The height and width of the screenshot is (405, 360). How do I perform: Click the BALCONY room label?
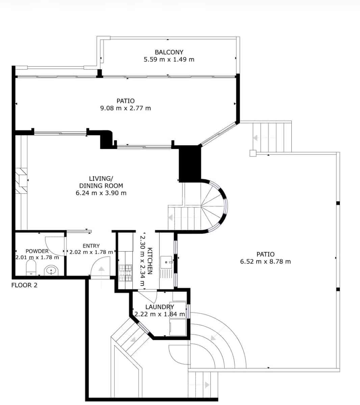pos(169,52)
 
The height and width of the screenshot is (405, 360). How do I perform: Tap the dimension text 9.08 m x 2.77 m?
pos(126,108)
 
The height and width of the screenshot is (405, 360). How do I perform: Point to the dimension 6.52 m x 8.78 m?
pos(265,262)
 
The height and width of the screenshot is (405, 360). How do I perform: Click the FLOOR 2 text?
pos(24,285)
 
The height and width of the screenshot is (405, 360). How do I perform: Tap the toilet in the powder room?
pos(31,268)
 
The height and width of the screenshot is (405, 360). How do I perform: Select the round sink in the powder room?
pos(51,270)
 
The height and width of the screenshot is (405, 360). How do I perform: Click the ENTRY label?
pos(91,246)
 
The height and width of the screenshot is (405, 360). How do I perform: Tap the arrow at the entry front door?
pos(101,269)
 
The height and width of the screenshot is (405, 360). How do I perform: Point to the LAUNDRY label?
pos(159,307)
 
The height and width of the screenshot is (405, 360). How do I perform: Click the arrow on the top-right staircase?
pos(256,138)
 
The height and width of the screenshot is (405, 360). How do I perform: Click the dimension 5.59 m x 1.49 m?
pos(169,59)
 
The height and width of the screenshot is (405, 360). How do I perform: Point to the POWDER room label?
pos(37,251)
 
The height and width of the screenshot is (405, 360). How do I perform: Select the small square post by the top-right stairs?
pos(253,153)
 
